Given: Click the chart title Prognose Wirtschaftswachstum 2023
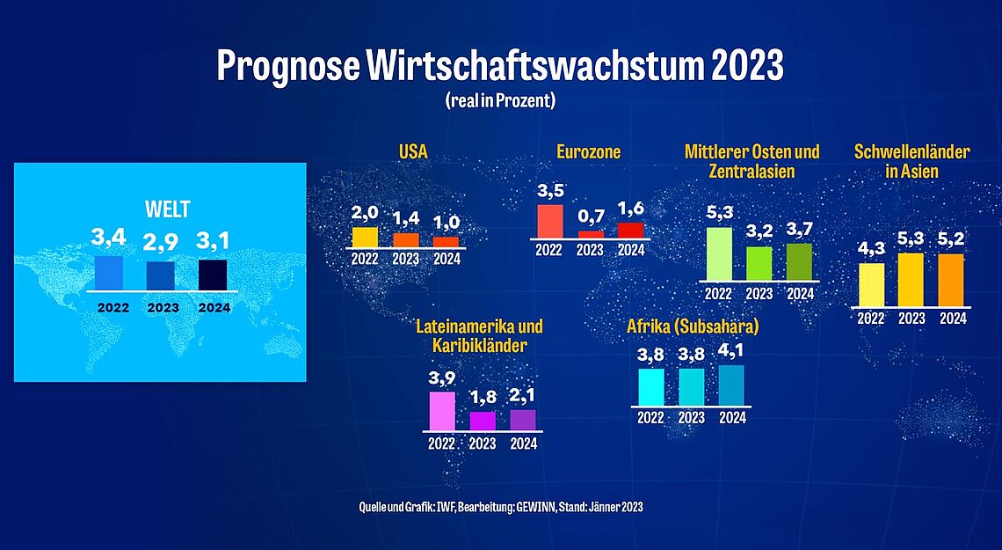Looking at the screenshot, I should pos(500,67).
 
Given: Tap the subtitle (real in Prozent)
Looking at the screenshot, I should pos(500,101).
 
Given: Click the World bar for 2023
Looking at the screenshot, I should pos(161,275).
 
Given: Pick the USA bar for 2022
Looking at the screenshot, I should pos(364,237).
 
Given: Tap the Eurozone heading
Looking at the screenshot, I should pos(588,152).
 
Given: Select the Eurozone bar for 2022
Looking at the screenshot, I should pos(549,221).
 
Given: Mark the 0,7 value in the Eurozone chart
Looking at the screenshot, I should pos(590,216).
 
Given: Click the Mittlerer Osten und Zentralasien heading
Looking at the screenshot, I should pos(751,161).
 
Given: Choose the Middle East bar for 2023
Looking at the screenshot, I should pos(759,263).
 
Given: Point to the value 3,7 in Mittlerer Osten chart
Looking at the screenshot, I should pos(799,228).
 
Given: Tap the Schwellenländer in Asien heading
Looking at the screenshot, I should pos(911,161).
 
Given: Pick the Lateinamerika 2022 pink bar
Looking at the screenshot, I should pos(442,410).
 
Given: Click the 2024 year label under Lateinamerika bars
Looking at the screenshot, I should pos(523,444).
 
